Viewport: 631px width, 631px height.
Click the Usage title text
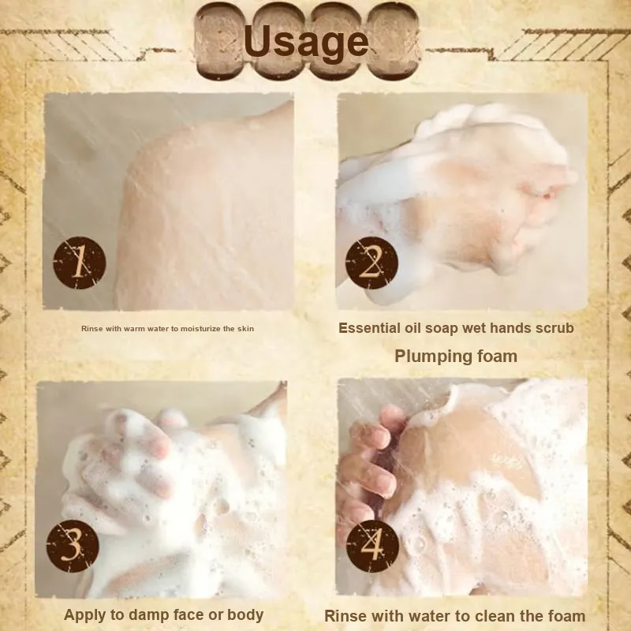click(306, 43)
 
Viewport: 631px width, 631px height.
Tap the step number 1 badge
click(80, 263)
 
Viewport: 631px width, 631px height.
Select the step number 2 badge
click(372, 263)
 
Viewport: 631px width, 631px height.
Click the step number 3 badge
click(73, 546)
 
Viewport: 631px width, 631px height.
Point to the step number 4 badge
click(372, 546)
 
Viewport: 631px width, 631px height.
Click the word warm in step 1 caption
click(134, 329)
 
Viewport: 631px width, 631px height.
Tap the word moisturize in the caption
click(200, 329)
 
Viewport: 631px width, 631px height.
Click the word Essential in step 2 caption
click(369, 328)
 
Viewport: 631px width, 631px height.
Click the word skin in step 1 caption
click(245, 329)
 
